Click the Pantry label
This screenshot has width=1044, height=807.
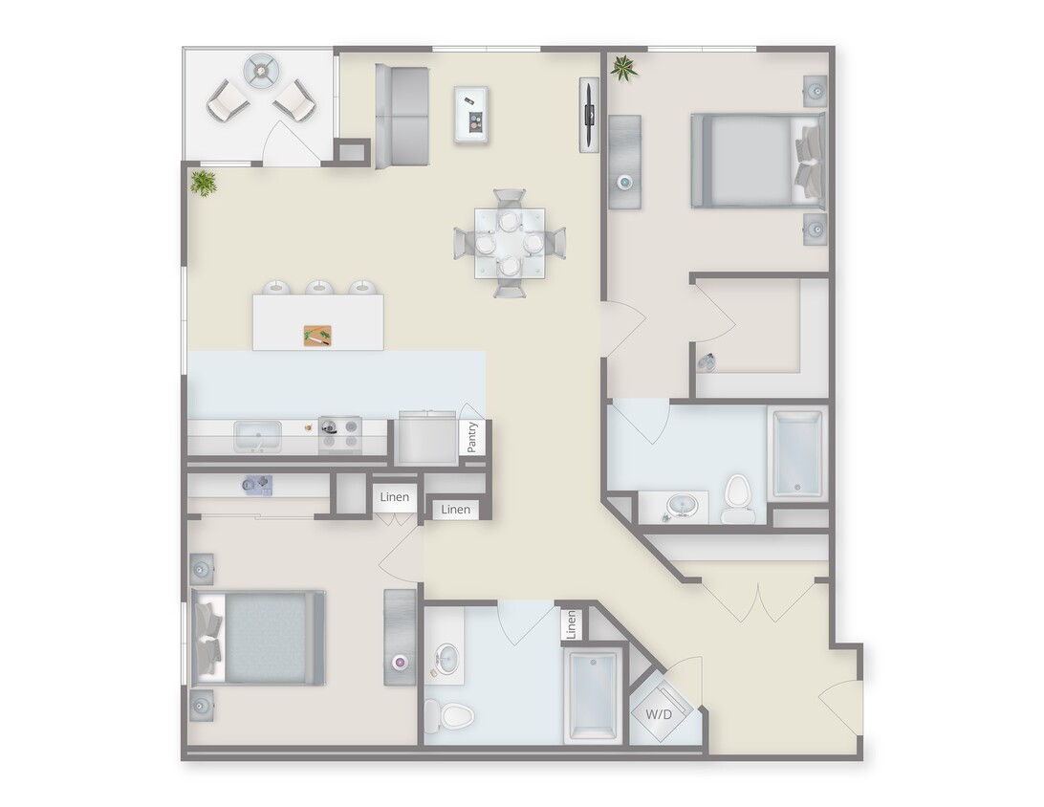472,438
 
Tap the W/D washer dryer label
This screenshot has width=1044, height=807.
658,714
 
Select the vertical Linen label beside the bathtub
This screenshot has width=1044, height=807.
571,624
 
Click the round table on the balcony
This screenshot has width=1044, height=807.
259,70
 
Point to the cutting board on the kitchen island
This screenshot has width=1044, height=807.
317,336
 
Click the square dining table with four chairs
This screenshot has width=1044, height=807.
510,243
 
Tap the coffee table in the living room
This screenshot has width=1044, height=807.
471,115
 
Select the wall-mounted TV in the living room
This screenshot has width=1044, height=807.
588,115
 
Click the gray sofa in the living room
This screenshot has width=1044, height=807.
402,116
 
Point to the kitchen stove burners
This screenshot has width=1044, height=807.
339,433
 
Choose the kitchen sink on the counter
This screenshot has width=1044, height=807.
258,437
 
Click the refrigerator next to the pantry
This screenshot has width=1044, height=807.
427,439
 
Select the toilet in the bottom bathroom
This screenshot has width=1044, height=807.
449,714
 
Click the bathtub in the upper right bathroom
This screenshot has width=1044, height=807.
797,453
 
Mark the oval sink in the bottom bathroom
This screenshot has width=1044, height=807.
446,659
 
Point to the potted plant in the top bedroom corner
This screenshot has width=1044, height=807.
624,67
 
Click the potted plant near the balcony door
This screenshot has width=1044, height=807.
203,182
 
